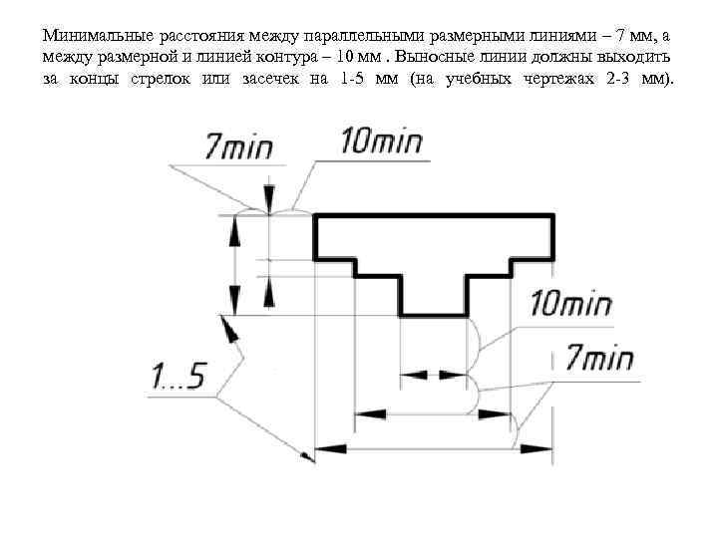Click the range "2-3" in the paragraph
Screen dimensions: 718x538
[x=617, y=79]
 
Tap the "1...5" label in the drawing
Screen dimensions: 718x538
[x=178, y=378]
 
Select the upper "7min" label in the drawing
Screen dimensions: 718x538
[x=238, y=146]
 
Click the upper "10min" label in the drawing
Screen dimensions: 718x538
[x=381, y=142]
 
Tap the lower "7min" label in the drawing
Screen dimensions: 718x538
[x=598, y=358]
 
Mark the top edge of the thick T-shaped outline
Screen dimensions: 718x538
[x=434, y=215]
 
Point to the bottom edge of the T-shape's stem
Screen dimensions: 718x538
[x=434, y=317]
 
